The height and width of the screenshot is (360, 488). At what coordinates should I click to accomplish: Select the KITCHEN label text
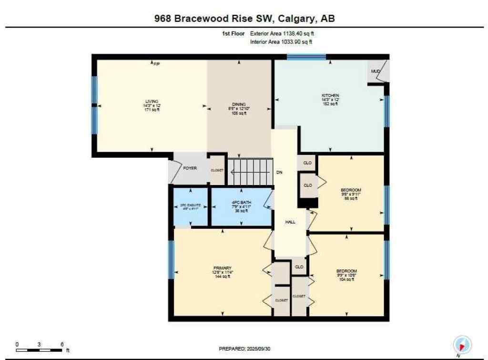point(330,95)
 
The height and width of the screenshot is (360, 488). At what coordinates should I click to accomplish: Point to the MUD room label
point(376,72)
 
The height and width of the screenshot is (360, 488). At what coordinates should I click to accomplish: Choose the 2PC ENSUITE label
point(190,206)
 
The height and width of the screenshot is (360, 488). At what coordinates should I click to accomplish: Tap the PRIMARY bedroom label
point(222,268)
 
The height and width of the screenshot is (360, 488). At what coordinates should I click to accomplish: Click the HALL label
point(291,222)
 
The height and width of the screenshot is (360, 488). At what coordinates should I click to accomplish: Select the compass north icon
point(462,345)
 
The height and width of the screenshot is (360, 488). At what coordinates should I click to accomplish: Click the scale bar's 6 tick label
point(62,344)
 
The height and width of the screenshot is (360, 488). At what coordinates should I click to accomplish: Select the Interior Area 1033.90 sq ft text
point(282,42)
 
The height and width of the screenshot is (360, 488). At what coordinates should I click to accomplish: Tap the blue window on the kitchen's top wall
point(306,57)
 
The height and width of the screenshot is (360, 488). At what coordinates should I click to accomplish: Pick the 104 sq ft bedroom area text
point(346,279)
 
